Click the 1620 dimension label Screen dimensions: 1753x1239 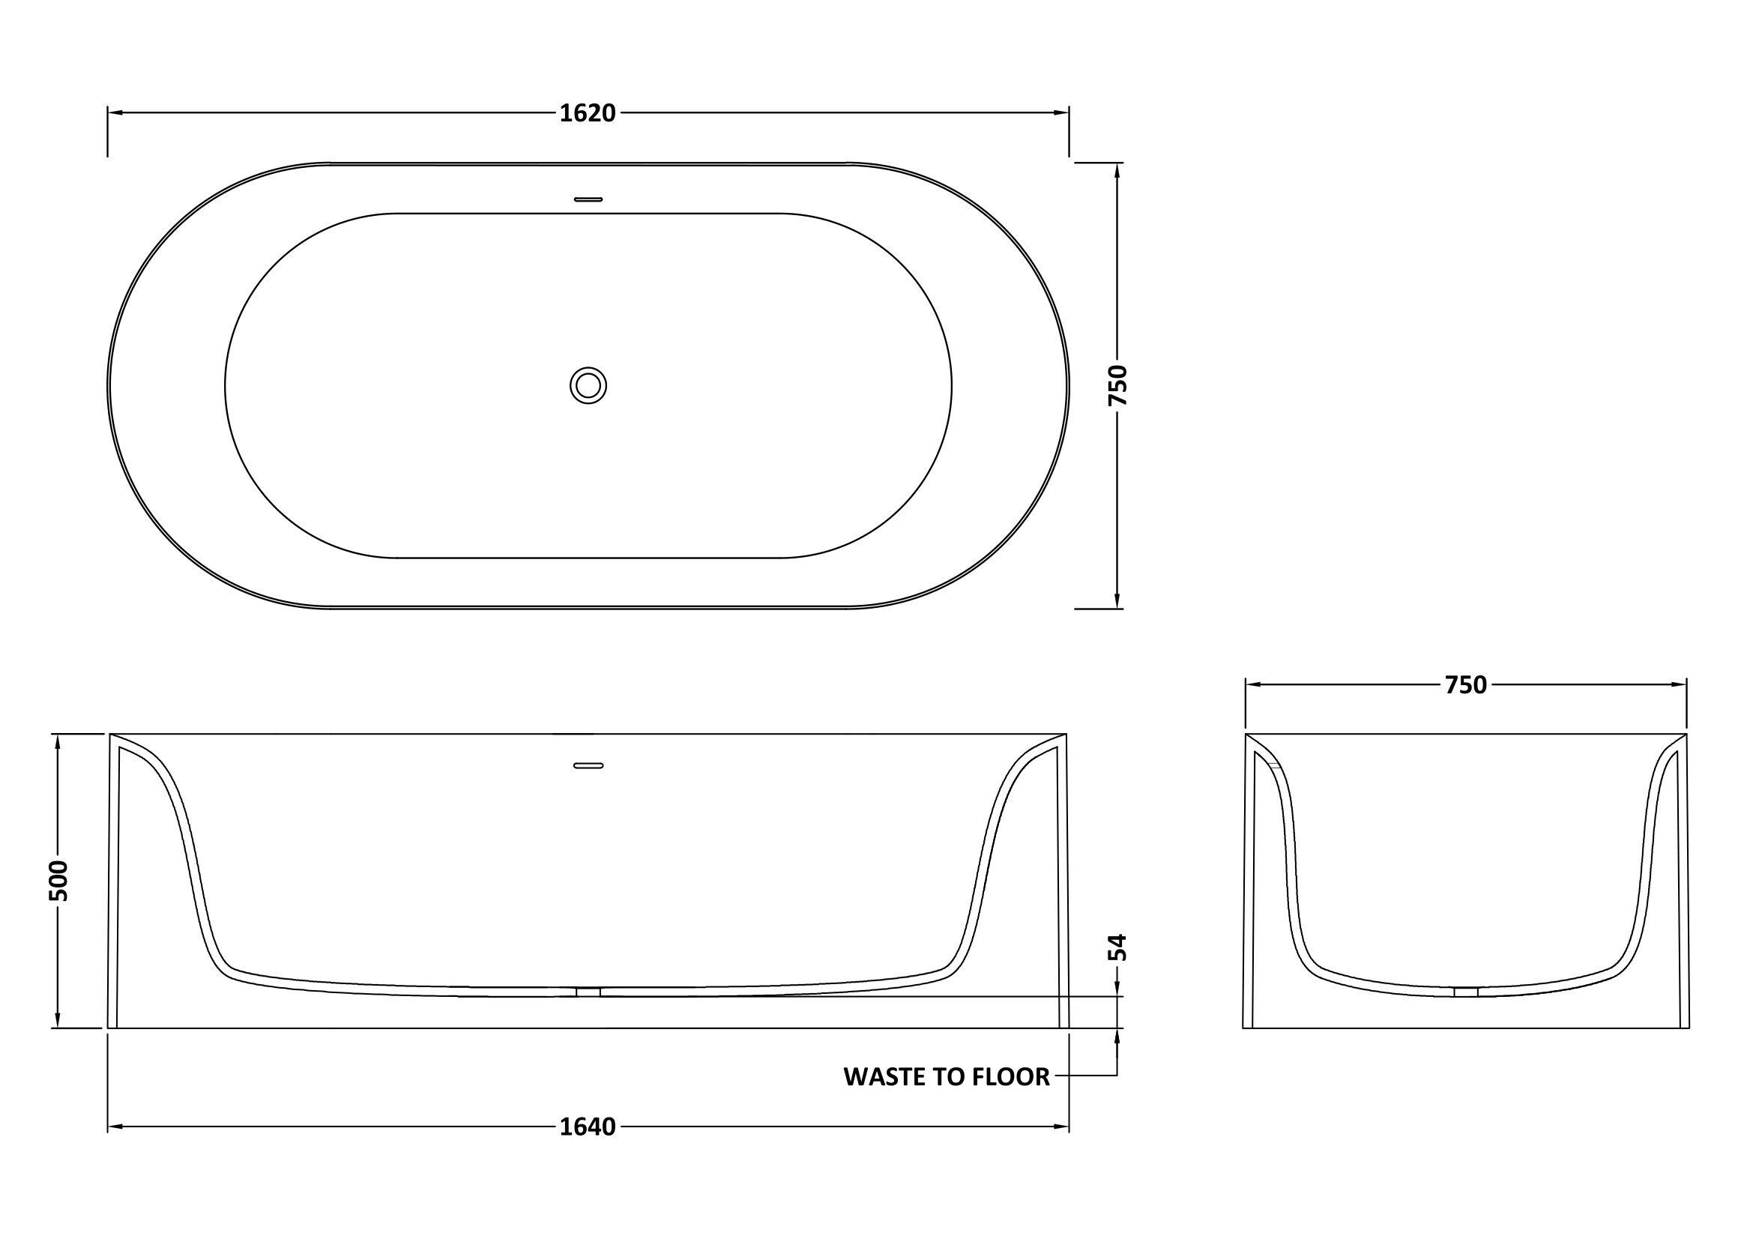[x=587, y=113]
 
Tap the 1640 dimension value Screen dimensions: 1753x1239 [x=587, y=1127]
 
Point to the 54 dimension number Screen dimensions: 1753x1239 [x=1117, y=947]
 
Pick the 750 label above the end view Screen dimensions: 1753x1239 [x=1466, y=686]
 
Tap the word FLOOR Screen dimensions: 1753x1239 [x=1010, y=1076]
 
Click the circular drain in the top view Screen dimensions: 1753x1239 [x=588, y=385]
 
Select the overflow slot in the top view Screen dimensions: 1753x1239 [x=588, y=199]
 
